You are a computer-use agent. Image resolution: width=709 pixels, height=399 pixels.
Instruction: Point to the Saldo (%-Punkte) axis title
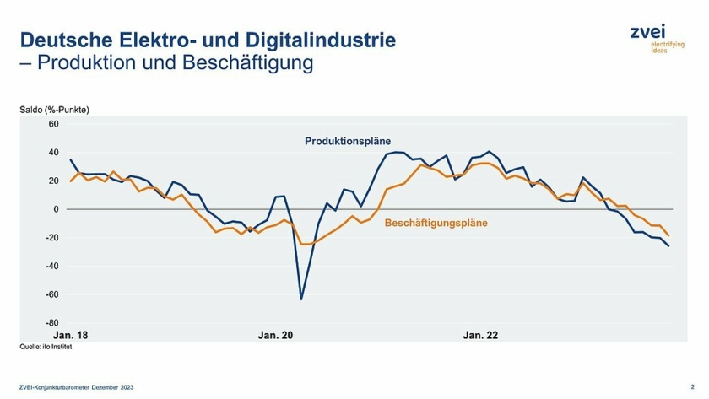pos(54,111)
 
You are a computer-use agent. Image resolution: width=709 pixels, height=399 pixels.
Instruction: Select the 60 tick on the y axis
pos(53,124)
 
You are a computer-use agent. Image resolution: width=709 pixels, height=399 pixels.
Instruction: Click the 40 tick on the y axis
pos(53,153)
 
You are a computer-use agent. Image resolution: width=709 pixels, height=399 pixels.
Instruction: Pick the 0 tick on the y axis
pos(56,209)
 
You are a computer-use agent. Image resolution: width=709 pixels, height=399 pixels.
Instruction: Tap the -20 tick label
pos(51,238)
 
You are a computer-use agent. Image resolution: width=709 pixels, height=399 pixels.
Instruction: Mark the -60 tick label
pos(51,294)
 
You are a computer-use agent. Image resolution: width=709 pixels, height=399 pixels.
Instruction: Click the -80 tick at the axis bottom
pos(51,322)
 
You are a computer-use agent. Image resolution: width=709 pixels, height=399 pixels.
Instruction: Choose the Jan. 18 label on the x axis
pos(71,335)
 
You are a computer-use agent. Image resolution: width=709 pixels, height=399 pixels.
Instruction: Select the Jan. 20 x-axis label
pos(275,335)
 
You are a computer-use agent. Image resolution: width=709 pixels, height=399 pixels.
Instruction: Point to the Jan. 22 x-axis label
pos(480,335)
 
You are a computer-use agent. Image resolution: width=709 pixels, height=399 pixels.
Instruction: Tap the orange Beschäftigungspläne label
pos(436,224)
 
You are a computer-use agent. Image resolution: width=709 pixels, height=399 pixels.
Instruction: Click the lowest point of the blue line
pos(301,299)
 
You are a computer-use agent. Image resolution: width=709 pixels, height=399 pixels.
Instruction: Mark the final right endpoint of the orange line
pos(669,235)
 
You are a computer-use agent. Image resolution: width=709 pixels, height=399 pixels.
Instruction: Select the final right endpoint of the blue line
pos(669,246)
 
